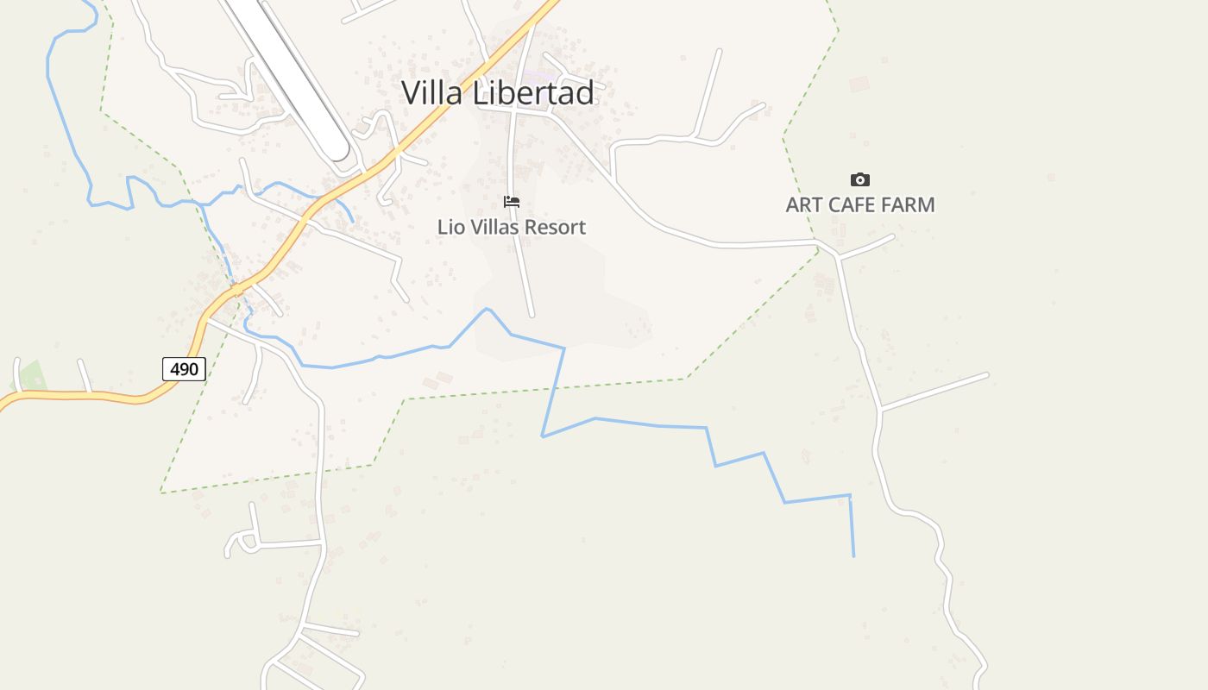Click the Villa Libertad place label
tap(498, 93)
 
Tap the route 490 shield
tap(184, 369)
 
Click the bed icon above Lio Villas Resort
tap(512, 202)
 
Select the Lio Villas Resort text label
tap(512, 227)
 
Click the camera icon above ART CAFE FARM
tap(859, 180)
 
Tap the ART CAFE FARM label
tap(859, 205)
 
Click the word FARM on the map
tap(907, 205)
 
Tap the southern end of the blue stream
tap(853, 555)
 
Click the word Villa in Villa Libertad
tap(433, 93)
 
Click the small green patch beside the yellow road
tap(33, 376)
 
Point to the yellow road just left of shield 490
tap(138, 399)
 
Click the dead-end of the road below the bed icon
tap(532, 315)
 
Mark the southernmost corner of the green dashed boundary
tap(161, 492)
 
